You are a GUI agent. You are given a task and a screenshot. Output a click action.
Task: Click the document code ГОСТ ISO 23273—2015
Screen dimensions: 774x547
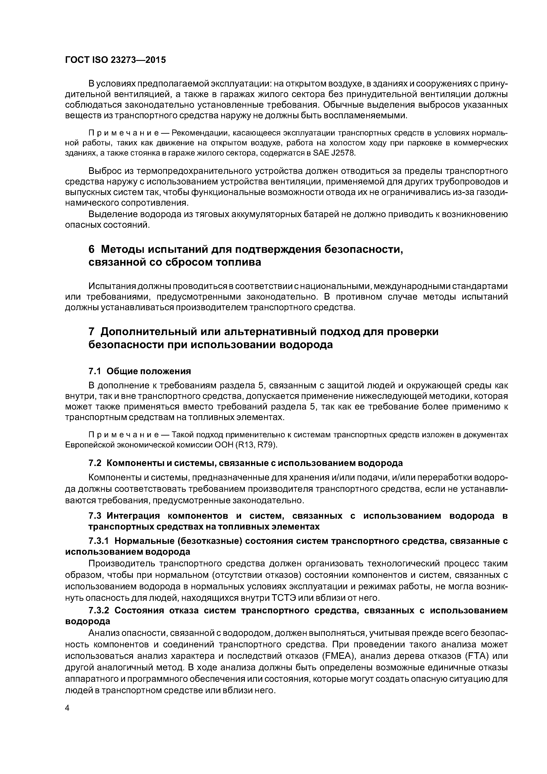[115, 60]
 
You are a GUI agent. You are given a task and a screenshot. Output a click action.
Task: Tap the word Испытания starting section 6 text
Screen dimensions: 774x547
[110, 286]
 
